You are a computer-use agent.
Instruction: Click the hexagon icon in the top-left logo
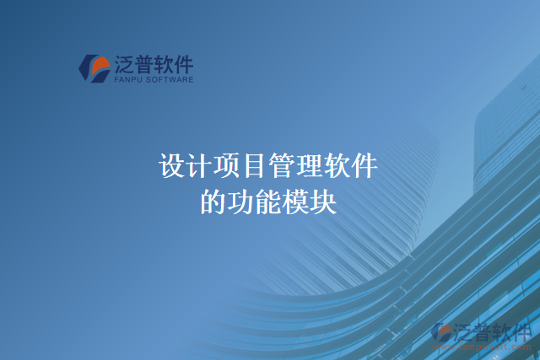(94, 68)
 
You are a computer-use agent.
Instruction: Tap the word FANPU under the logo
(127, 80)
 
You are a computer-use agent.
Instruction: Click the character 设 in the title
(172, 165)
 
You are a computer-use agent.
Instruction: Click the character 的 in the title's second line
(213, 202)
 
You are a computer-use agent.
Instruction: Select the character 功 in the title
(241, 202)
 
